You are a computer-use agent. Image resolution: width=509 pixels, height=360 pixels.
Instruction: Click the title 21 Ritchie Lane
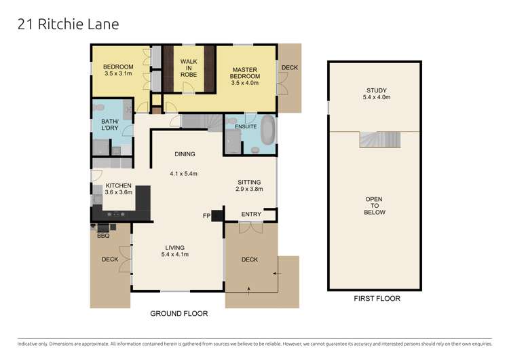[67, 24]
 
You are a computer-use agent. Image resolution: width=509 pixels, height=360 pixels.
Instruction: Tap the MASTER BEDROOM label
[246, 73]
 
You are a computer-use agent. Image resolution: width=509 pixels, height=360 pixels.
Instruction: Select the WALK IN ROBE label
[188, 69]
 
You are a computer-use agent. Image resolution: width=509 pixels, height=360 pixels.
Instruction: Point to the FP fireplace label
[206, 216]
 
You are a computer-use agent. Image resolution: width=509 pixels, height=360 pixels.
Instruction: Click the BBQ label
[103, 236]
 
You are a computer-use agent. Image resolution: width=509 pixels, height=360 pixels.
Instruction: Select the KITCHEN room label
[117, 185]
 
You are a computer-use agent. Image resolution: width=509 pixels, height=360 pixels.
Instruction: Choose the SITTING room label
[249, 182]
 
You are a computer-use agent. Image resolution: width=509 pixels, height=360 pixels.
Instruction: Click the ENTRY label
[250, 215]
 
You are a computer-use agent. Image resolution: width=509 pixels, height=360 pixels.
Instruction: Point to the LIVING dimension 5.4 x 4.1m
[174, 255]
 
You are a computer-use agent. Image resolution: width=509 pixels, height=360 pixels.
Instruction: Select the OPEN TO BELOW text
[375, 206]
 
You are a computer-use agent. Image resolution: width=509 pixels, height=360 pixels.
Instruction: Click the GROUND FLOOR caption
[179, 314]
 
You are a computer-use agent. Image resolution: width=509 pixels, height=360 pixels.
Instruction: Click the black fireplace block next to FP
[217, 215]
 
